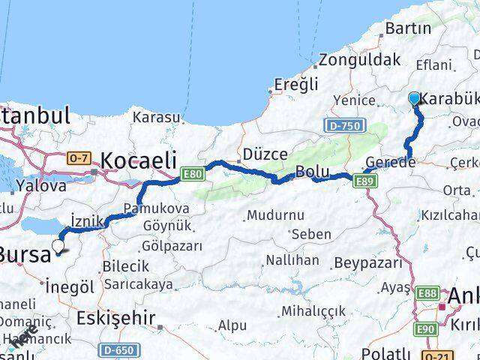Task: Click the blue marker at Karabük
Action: click(x=414, y=98)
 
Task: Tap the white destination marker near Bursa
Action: click(x=57, y=244)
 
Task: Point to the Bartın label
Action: click(x=407, y=28)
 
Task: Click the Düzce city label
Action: click(x=264, y=154)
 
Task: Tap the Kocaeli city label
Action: click(x=139, y=160)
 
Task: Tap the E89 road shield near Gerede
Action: click(x=365, y=180)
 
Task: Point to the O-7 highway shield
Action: click(x=78, y=158)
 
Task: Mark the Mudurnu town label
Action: click(x=276, y=215)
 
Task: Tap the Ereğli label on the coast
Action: click(x=296, y=83)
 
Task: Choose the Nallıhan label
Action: click(x=292, y=259)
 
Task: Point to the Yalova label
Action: click(x=42, y=185)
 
